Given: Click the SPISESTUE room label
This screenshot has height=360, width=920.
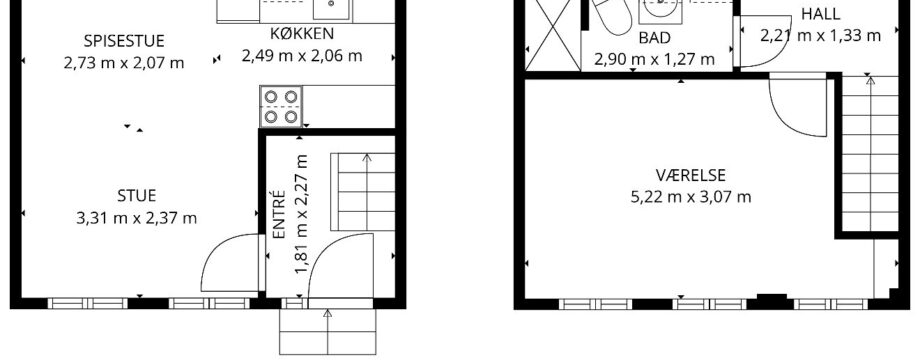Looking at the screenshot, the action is [124, 41].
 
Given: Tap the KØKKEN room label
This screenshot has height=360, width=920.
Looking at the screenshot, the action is [302, 33].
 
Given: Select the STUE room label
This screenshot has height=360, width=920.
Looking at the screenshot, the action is [137, 196].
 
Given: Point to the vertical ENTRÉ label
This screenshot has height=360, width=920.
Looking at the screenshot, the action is [279, 214].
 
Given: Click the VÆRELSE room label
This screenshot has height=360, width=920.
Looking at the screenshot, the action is [691, 175].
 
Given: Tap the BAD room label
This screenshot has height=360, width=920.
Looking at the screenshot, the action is [654, 38].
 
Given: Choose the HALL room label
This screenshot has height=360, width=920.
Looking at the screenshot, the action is [820, 13].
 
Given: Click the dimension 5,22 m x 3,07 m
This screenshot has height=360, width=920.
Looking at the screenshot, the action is [691, 197].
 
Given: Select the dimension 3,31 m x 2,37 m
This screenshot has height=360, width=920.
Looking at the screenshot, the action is [137, 219].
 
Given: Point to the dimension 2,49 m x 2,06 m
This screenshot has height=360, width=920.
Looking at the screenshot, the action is [302, 56].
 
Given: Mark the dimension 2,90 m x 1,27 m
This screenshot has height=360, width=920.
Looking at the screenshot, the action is [654, 59].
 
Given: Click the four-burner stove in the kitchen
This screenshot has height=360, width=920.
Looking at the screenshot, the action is [281, 107].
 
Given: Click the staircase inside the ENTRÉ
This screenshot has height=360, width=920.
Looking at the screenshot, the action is [363, 192].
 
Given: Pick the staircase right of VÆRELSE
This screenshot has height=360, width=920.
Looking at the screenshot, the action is [870, 153].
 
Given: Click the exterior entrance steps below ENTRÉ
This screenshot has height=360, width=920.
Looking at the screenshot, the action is [327, 331].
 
